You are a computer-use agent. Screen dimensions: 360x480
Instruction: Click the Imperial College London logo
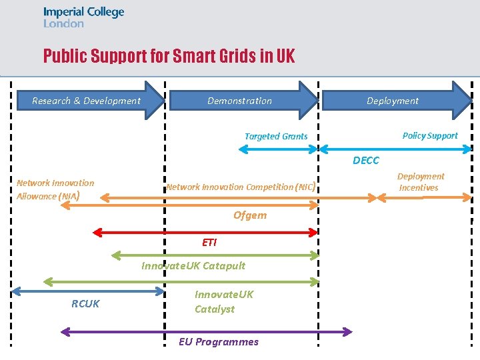pyautogui.click(x=83, y=17)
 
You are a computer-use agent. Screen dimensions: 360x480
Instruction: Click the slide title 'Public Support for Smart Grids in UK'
pyautogui.click(x=169, y=55)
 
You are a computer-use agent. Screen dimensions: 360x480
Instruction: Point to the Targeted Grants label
pyautogui.click(x=276, y=136)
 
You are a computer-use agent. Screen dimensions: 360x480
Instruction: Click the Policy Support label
pyautogui.click(x=430, y=135)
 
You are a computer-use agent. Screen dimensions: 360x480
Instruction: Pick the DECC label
pyautogui.click(x=366, y=161)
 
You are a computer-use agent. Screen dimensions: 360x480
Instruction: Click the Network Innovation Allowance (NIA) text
pyautogui.click(x=55, y=189)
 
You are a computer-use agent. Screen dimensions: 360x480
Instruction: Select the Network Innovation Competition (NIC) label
pyautogui.click(x=240, y=187)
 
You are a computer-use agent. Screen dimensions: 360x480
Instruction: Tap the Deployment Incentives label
pyautogui.click(x=420, y=182)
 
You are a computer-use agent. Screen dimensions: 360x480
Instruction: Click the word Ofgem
pyautogui.click(x=250, y=215)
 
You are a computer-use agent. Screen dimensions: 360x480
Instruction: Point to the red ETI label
pyautogui.click(x=209, y=242)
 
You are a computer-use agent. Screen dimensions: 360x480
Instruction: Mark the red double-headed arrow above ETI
pyautogui.click(x=205, y=232)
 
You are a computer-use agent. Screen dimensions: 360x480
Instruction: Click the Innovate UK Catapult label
pyautogui.click(x=193, y=265)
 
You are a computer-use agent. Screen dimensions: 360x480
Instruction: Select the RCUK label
pyautogui.click(x=85, y=304)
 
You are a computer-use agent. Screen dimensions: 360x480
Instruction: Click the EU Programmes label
pyautogui.click(x=219, y=341)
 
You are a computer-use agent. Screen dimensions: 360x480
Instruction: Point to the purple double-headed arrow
pyautogui.click(x=206, y=331)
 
